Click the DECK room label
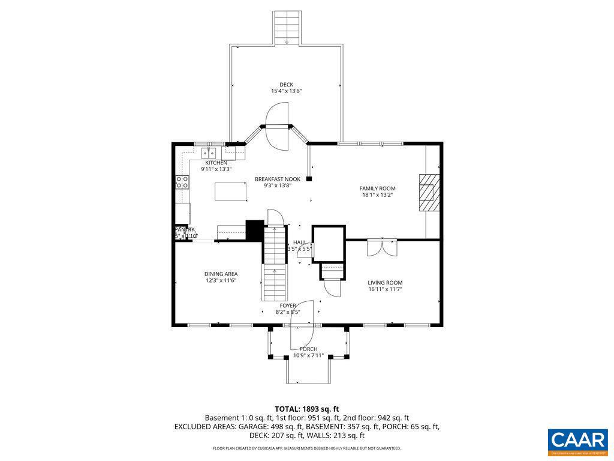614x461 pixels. click(x=286, y=85)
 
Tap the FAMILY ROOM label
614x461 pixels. click(x=377, y=188)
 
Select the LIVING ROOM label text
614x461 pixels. click(x=385, y=283)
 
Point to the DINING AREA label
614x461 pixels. click(x=221, y=274)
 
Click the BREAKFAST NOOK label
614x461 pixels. click(x=277, y=179)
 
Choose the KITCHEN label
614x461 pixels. click(x=216, y=163)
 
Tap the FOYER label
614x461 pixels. click(x=288, y=306)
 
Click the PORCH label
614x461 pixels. click(x=308, y=349)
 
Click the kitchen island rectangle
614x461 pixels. click(x=231, y=192)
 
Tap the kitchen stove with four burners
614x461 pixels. click(x=182, y=182)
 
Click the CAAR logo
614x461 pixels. click(x=577, y=439)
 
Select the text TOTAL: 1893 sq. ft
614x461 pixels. click(x=307, y=409)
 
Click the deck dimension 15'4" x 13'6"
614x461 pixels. click(x=286, y=91)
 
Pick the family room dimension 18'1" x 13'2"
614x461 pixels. click(x=377, y=195)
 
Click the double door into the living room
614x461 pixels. click(x=382, y=248)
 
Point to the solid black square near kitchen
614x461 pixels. click(x=255, y=230)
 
